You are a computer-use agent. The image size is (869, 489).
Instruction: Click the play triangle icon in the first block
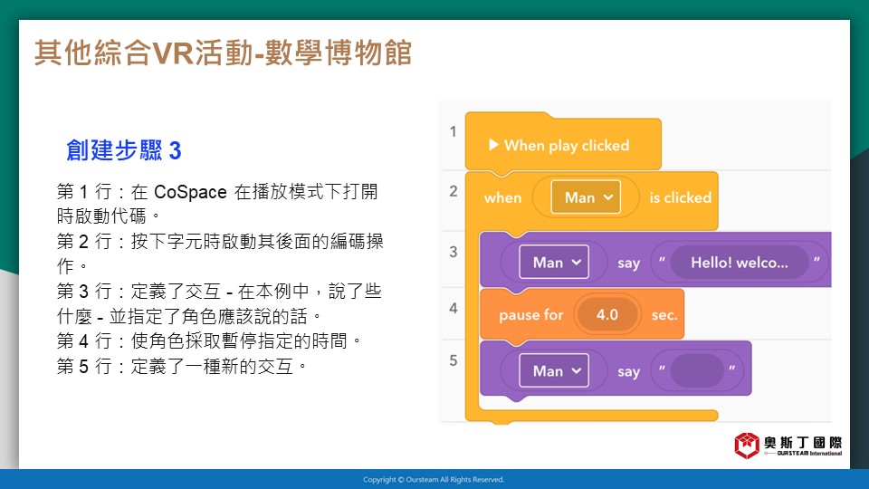coord(493,145)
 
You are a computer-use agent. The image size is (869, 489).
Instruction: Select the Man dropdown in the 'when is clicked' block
coord(586,197)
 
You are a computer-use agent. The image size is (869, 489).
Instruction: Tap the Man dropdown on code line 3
coord(554,263)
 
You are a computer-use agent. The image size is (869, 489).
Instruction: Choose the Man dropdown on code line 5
coord(554,371)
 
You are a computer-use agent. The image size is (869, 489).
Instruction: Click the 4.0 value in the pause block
coord(607,315)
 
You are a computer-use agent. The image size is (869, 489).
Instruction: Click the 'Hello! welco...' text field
coord(740,263)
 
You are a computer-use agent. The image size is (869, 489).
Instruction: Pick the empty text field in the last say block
coord(697,370)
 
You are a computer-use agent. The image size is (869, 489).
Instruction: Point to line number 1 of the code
coord(454,131)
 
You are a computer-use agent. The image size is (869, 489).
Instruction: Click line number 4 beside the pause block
coord(454,308)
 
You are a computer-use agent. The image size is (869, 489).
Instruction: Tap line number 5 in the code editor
coord(454,361)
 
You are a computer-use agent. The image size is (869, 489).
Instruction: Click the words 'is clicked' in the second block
coord(680,198)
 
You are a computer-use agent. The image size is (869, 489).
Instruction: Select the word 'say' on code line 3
coord(628,264)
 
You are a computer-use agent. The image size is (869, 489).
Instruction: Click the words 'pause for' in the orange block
coord(531,315)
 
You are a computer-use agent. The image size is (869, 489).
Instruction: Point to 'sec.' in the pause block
coord(664,315)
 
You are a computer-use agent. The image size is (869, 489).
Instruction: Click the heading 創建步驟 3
coord(124,150)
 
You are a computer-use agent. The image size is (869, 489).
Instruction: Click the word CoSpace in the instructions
coord(190,192)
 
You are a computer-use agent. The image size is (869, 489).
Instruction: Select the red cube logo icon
coord(747,446)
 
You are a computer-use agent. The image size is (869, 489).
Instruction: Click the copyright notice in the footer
coord(434,480)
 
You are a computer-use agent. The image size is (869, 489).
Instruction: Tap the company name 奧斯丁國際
coord(803,443)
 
